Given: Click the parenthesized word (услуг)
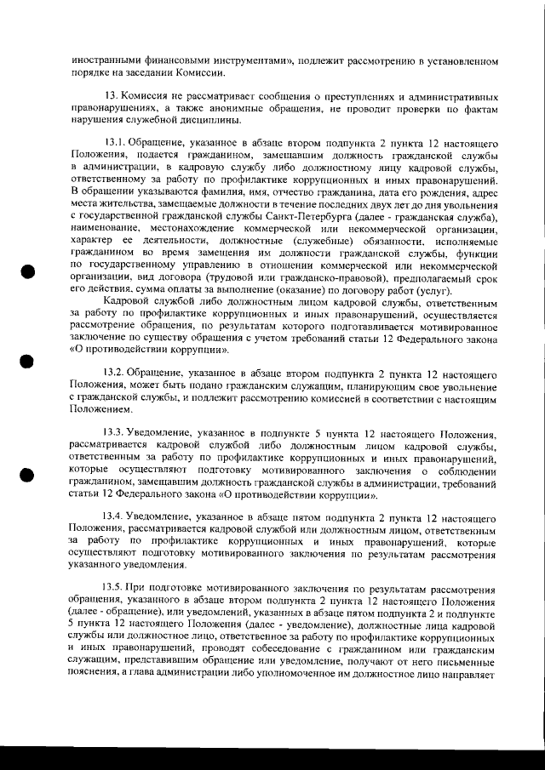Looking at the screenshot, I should [x=431, y=291].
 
